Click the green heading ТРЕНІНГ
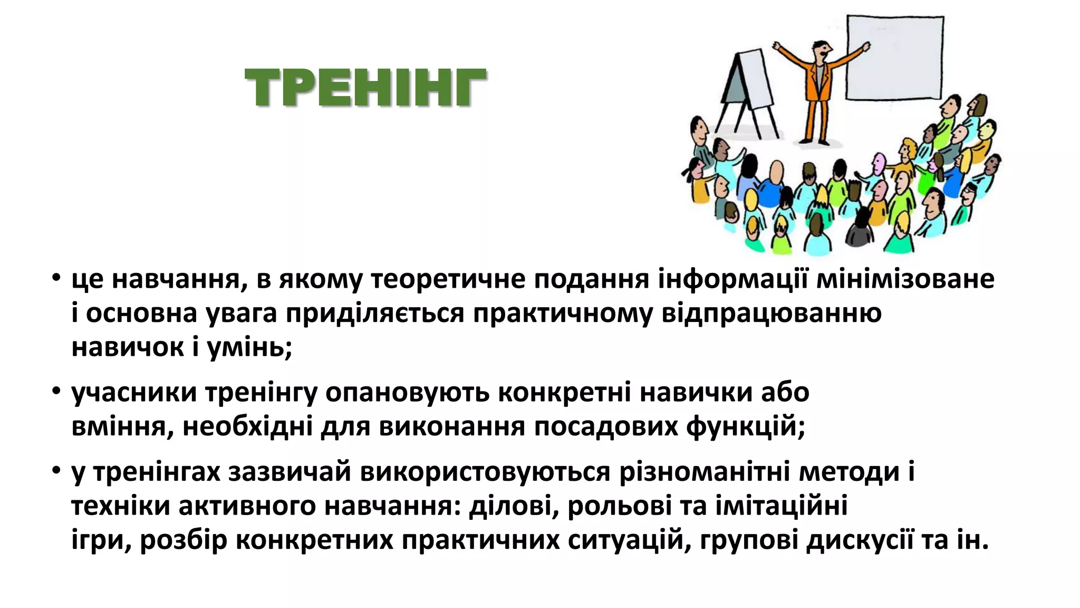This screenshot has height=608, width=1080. [365, 88]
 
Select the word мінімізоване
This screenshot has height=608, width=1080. [905, 279]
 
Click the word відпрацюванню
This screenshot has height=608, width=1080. [771, 313]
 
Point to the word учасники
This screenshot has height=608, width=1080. [134, 393]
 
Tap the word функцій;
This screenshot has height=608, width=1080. [746, 427]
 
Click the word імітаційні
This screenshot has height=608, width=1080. [781, 506]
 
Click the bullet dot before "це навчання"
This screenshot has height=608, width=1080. [56, 278]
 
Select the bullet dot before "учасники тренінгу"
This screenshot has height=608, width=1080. [56, 392]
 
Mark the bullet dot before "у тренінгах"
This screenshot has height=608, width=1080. [56, 471]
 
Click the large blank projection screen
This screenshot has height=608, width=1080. [894, 58]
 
